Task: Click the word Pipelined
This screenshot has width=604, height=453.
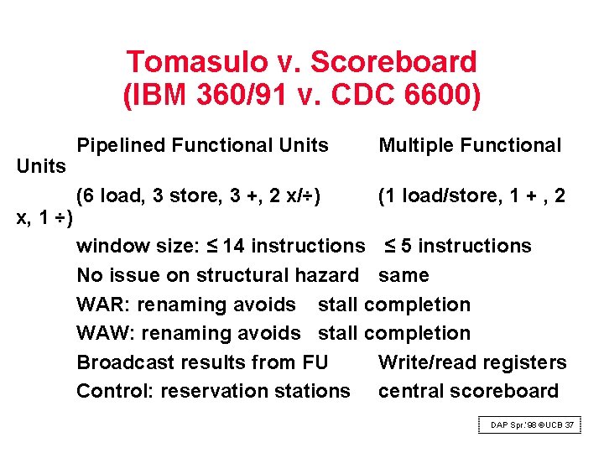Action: coord(121,146)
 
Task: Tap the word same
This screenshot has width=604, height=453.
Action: coord(404,275)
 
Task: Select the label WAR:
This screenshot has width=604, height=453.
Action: coord(103,305)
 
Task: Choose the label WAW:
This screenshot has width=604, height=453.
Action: coord(106,333)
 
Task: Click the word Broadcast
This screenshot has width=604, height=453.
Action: coord(125,362)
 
